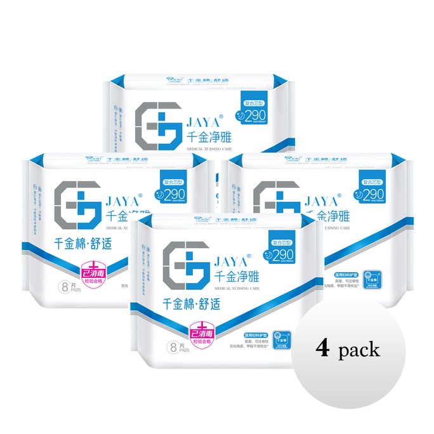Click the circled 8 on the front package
(x=172, y=346)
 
